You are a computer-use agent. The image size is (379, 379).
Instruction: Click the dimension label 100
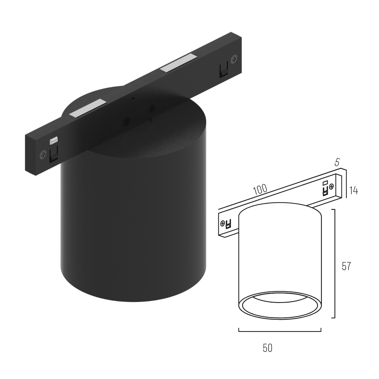pos(261,190)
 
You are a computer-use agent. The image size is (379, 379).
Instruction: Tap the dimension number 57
pos(346,266)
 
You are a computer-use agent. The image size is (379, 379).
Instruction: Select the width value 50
pos(267,348)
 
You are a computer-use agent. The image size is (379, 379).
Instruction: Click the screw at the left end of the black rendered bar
pos(44,154)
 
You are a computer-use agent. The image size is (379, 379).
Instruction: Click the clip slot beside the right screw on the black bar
pos(223,70)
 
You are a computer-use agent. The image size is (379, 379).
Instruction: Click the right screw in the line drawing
pos(331,186)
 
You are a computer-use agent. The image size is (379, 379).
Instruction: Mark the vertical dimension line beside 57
pos(335,264)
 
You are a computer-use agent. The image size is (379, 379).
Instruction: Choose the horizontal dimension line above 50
pos(280,331)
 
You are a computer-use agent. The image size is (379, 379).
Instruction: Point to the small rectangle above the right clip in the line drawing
pos(325,182)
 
